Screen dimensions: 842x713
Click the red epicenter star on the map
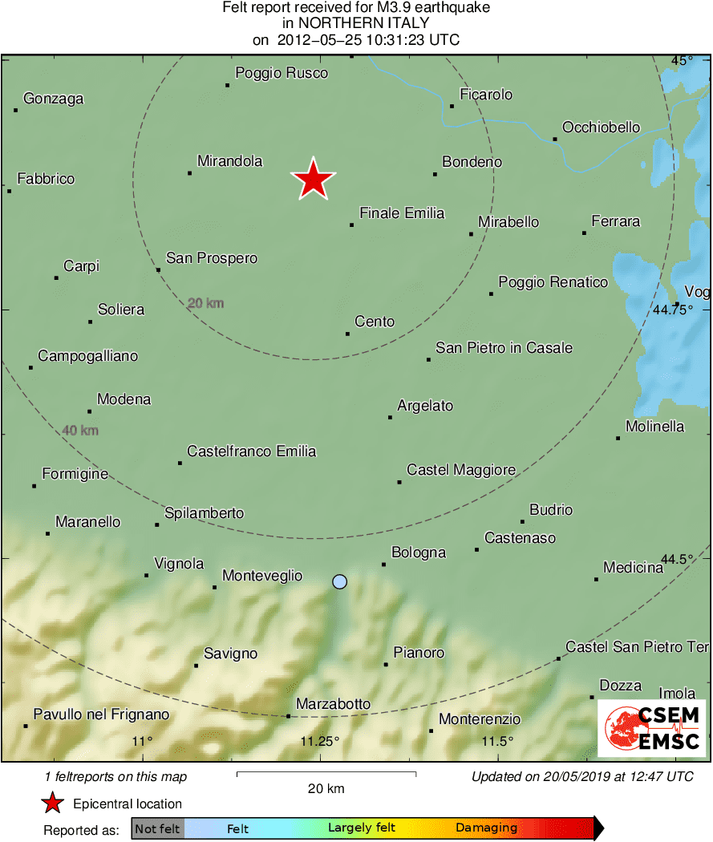click(x=313, y=180)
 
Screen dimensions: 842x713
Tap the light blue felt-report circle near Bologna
click(x=340, y=581)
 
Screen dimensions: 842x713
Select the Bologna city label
click(x=418, y=553)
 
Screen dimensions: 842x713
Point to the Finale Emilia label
click(x=402, y=213)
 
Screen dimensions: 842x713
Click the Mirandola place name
click(x=229, y=161)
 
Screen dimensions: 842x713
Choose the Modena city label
click(x=124, y=399)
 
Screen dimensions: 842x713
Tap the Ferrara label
click(x=615, y=221)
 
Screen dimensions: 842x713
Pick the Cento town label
click(x=375, y=322)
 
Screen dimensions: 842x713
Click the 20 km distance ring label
click(x=205, y=304)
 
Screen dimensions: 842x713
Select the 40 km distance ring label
click(x=80, y=431)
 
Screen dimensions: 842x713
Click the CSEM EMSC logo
click(x=651, y=728)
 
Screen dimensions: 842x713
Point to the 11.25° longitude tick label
click(x=320, y=741)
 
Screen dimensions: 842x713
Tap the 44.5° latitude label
click(x=678, y=559)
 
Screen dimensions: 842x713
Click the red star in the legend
click(x=53, y=803)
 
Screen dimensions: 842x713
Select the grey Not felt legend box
click(x=157, y=828)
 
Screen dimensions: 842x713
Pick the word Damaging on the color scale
click(x=486, y=828)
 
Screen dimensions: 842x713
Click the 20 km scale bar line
click(x=326, y=774)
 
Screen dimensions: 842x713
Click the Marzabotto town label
click(x=333, y=704)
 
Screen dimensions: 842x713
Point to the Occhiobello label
click(x=601, y=128)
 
